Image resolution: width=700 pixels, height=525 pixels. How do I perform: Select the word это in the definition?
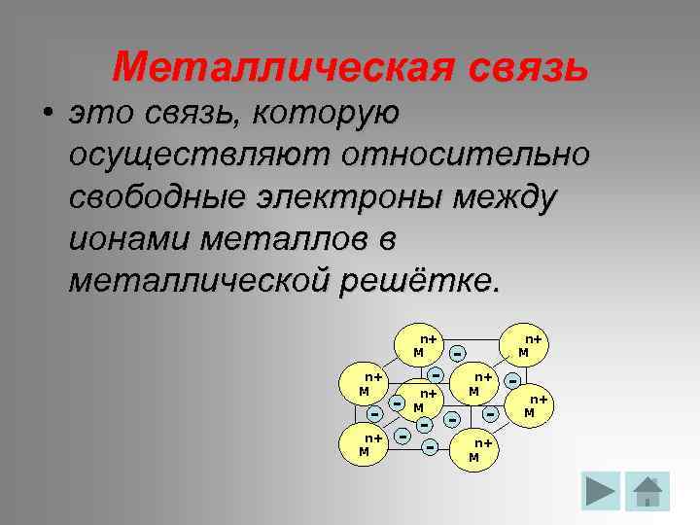pyautogui.click(x=101, y=114)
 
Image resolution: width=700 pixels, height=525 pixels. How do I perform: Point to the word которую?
pyautogui.click(x=325, y=114)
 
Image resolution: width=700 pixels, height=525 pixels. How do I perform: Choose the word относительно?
pyautogui.click(x=463, y=156)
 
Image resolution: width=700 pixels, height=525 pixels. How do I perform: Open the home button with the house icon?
pyautogui.click(x=647, y=491)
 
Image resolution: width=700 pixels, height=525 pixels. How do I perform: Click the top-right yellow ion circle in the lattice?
pyautogui.click(x=526, y=345)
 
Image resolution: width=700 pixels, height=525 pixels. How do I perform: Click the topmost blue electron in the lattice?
pyautogui.click(x=456, y=353)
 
